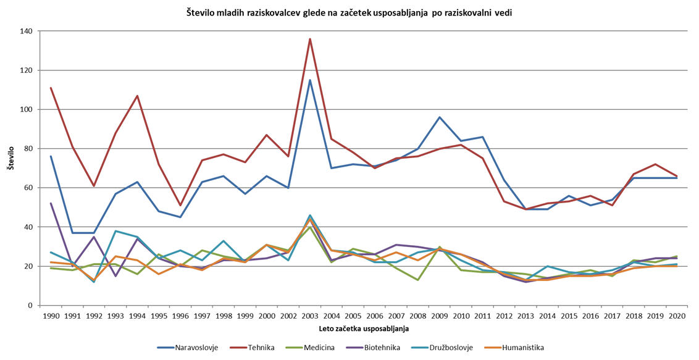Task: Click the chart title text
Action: tap(349, 12)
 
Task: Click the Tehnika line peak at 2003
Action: tap(310, 39)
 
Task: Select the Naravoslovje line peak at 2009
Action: tap(440, 117)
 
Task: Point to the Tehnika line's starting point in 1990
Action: tap(51, 88)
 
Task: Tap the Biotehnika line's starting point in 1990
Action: tap(51, 203)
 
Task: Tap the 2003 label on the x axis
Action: tap(310, 316)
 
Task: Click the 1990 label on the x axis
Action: tap(51, 316)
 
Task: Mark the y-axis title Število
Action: tap(10, 159)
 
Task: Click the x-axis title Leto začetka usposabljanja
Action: tap(364, 329)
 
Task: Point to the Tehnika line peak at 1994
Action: tap(137, 96)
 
